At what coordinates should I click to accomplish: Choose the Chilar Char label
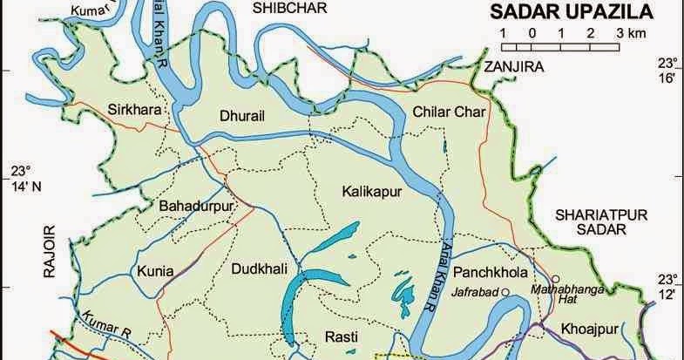pos(438,110)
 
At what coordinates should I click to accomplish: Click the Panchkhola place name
pos(497,272)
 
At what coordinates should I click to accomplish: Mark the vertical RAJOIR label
pos(50,250)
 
